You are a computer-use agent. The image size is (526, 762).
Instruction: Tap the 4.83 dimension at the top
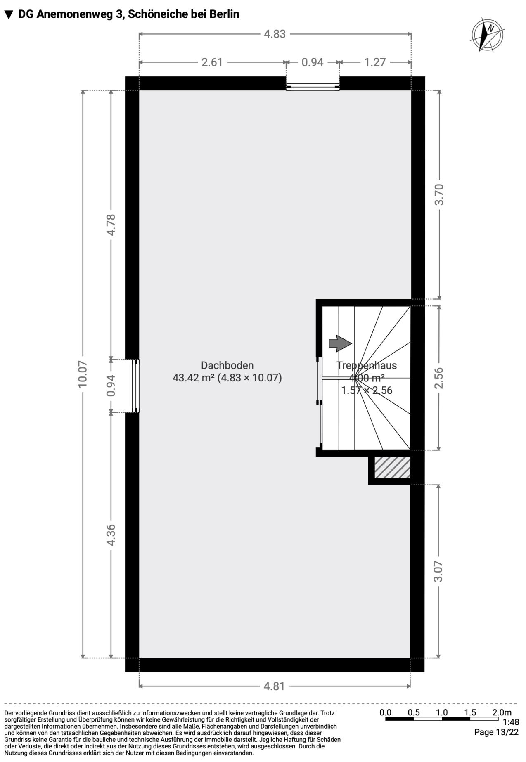(x=275, y=34)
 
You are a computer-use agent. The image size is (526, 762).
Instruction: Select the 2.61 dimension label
(x=212, y=62)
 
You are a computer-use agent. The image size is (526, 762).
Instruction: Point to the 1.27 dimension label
(x=375, y=62)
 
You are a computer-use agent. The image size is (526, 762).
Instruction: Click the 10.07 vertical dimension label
(x=83, y=374)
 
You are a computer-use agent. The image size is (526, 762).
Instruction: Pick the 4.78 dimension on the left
(x=111, y=225)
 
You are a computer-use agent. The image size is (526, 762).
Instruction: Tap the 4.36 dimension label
(x=111, y=535)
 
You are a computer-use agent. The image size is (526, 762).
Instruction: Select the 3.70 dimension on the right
(x=439, y=194)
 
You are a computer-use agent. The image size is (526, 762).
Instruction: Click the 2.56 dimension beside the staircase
(x=439, y=378)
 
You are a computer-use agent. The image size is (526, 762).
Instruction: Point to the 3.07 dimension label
(x=439, y=571)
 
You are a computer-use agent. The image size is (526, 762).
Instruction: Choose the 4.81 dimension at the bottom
(x=275, y=686)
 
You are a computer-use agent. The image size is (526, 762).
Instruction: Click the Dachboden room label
(x=227, y=365)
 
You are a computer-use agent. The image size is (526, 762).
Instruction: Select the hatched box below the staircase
(x=392, y=467)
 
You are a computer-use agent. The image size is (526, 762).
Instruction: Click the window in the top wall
(x=313, y=87)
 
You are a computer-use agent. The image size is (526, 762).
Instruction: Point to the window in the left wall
(x=136, y=386)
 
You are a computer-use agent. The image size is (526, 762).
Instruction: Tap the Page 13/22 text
(x=496, y=732)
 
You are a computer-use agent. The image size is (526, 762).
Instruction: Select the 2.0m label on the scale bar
(x=502, y=712)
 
